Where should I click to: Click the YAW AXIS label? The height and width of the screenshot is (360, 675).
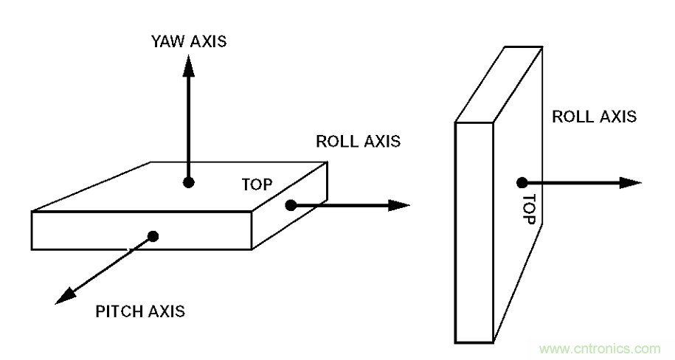pos(185,41)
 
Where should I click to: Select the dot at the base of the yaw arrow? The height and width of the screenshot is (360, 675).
pos(188,181)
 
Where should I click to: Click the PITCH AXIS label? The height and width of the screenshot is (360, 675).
pos(140,311)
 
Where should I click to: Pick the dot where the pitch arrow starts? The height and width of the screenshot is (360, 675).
pos(153,236)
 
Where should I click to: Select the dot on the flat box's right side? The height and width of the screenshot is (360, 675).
pos(291,205)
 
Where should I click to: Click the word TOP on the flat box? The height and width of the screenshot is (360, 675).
pos(257,184)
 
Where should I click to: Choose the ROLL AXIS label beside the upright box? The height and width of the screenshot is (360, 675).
pos(594,117)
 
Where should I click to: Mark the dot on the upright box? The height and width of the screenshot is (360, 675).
pos(522,182)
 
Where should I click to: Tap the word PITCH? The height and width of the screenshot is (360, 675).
pos(120,311)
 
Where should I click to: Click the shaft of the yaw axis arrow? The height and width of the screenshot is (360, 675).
pos(188,125)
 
